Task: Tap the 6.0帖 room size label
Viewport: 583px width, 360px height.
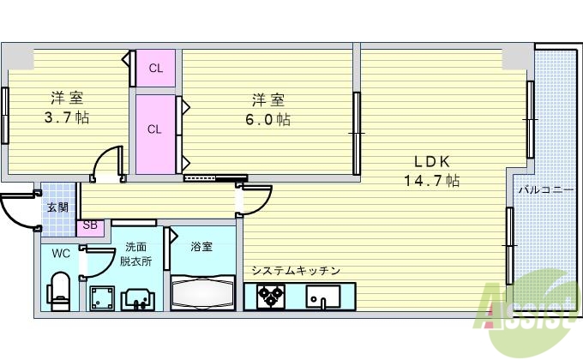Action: coord(270,119)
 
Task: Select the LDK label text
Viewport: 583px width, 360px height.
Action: coord(432,161)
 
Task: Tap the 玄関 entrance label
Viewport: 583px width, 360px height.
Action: coord(57,207)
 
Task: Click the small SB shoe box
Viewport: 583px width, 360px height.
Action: coord(89,227)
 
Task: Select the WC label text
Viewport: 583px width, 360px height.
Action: coord(60,253)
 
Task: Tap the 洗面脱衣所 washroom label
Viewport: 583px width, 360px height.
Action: coord(135,255)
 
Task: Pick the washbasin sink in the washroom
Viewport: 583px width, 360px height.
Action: coord(138,298)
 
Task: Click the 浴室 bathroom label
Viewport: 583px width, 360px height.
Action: coord(202,247)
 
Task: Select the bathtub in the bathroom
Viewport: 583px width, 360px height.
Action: coord(203,291)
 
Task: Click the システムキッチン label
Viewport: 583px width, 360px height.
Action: coord(296,271)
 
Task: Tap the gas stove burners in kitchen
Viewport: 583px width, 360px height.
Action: coord(271,297)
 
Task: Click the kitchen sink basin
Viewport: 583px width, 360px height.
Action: coord(325,297)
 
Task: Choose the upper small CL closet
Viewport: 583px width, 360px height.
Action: coord(155,68)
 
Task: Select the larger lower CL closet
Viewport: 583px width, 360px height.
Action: coord(155,129)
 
